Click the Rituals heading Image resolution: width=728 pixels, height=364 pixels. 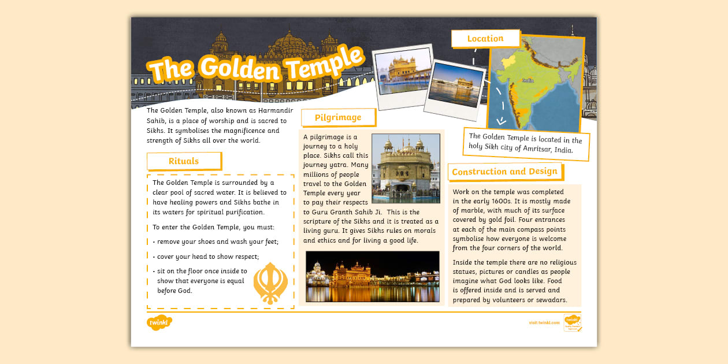[184, 161]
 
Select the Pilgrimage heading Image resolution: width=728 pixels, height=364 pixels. [338, 117]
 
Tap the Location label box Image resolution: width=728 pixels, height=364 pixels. [485, 39]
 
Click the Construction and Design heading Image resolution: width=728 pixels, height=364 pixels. [505, 172]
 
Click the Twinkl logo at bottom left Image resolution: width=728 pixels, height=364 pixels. [159, 322]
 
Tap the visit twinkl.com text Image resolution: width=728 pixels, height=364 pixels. [544, 322]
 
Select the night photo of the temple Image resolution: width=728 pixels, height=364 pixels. [372, 276]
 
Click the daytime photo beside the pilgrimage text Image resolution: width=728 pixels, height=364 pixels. [406, 168]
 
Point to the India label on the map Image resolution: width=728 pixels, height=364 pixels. [528, 81]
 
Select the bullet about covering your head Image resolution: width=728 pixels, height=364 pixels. [207, 257]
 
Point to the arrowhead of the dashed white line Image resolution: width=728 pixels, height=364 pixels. [501, 121]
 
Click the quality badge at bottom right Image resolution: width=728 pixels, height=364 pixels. [572, 322]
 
